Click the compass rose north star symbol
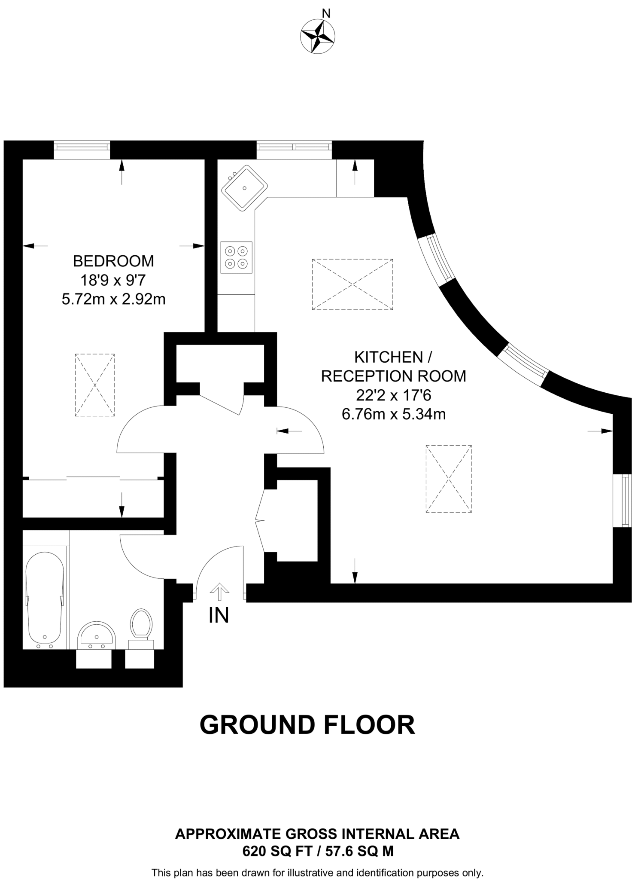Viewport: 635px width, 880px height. point(318,37)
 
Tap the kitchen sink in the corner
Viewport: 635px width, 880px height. point(244,188)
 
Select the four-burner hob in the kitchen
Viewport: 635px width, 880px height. point(236,257)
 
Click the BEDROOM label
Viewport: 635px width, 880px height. point(113,261)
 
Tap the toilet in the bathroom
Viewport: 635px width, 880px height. point(141,625)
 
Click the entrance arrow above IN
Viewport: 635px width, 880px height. point(219,592)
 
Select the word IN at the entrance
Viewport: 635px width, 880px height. point(219,615)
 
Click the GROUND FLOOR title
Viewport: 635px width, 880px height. point(307,725)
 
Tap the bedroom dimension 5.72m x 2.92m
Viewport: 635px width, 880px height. point(113,299)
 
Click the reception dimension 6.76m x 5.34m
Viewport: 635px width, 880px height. point(393,414)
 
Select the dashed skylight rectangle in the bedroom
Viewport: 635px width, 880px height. point(95,385)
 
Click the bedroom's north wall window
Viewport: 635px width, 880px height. point(82,147)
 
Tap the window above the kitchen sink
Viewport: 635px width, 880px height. point(294,147)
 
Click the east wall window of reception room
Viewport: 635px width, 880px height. point(627,500)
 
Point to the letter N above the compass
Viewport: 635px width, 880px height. point(326,13)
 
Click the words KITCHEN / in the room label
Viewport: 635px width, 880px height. point(393,357)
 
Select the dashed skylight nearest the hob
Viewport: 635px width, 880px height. point(352,284)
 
